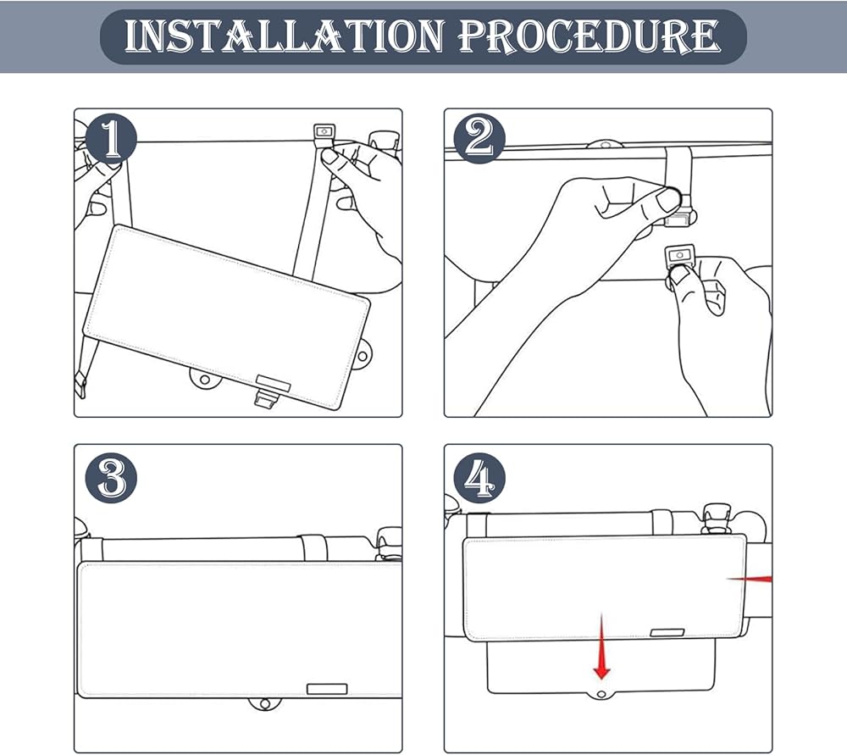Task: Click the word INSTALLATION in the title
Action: (x=285, y=36)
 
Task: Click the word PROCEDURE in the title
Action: (x=590, y=36)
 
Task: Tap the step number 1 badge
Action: (x=111, y=140)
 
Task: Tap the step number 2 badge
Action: (x=479, y=140)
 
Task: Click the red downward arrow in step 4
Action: (x=601, y=646)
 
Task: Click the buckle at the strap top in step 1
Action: (x=324, y=132)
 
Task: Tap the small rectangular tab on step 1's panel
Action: (x=274, y=383)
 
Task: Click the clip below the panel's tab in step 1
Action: (x=267, y=398)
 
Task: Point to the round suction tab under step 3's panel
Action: (x=264, y=704)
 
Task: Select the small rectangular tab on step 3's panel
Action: (x=327, y=689)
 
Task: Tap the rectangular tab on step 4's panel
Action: (x=667, y=633)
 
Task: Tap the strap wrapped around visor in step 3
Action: (x=314, y=547)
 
